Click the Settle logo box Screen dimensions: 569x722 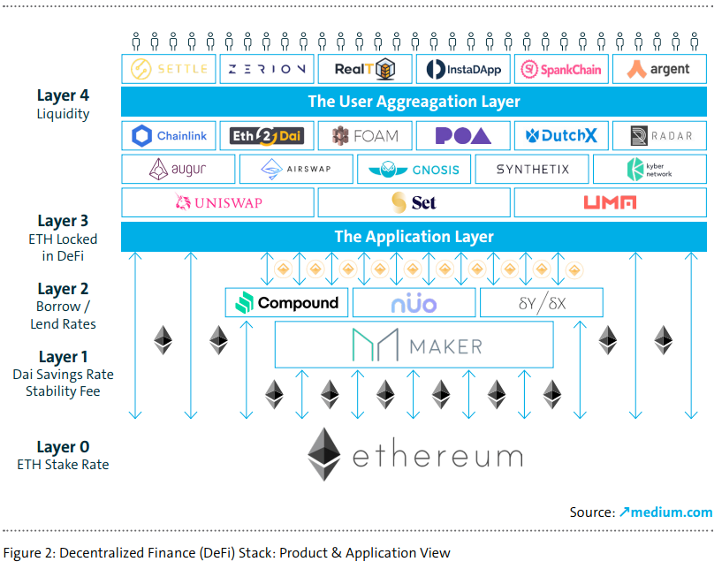(x=169, y=69)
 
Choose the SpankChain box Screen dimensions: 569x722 (x=561, y=69)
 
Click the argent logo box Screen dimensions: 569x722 (x=659, y=69)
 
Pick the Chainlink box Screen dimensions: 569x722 (x=169, y=135)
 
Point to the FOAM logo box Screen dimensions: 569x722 (x=365, y=135)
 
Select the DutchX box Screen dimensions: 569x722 (x=561, y=135)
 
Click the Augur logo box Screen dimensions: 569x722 (x=178, y=169)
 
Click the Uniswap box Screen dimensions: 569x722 (x=217, y=202)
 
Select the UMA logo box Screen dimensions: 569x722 (x=610, y=202)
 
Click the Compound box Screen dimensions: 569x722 (x=287, y=303)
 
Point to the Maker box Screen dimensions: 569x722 (x=414, y=345)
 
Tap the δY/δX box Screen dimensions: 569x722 (x=541, y=303)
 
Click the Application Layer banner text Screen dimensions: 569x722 (x=414, y=237)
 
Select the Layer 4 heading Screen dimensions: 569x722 (x=63, y=95)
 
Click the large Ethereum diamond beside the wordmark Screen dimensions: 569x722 (x=324, y=455)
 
